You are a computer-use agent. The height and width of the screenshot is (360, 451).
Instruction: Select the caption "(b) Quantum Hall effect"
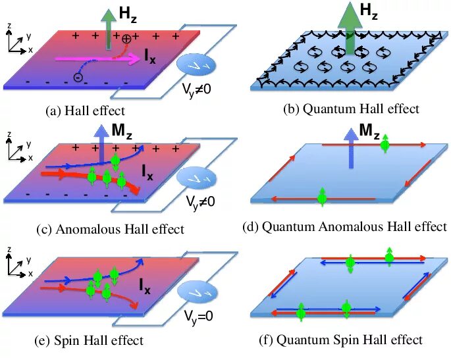351,109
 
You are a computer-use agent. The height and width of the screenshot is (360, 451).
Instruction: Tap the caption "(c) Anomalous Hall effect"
111,229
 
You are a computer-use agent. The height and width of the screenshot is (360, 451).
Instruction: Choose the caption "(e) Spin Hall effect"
89,340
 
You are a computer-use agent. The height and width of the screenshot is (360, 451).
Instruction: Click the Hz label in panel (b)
369,11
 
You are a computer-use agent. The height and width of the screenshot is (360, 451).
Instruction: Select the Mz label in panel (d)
369,131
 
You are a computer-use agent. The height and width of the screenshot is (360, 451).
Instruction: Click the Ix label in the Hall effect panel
151,57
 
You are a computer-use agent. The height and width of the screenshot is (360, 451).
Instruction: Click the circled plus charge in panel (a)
126,38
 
